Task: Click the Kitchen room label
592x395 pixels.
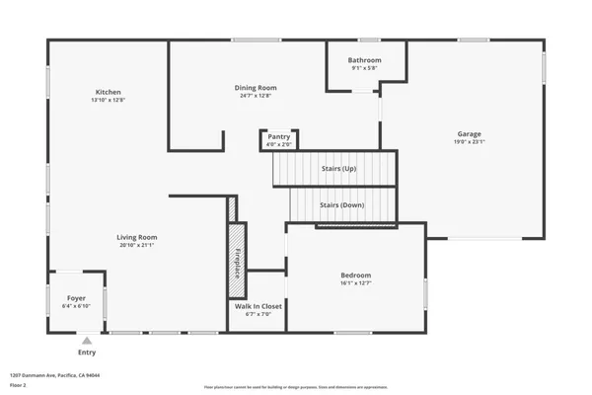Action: [109, 92]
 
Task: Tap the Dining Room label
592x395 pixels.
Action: [255, 88]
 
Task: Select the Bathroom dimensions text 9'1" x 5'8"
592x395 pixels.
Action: [365, 68]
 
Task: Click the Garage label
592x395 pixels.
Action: [469, 134]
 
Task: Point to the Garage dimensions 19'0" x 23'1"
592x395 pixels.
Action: [469, 142]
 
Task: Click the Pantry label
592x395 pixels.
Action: [279, 137]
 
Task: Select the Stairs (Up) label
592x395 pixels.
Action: [338, 169]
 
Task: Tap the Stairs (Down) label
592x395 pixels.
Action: [341, 204]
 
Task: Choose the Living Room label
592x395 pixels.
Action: [137, 237]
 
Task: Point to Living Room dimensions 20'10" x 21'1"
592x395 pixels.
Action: [137, 245]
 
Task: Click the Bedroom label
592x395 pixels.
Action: [355, 275]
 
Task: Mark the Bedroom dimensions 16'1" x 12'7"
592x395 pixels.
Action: [355, 282]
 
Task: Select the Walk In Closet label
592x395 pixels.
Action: [258, 306]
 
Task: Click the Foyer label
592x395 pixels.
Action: [76, 298]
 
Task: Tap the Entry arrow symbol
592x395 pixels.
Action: [87, 340]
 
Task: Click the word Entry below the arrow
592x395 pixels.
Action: [87, 352]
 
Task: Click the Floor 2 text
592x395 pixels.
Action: [19, 384]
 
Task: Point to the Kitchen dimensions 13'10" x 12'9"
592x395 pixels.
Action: [109, 100]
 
